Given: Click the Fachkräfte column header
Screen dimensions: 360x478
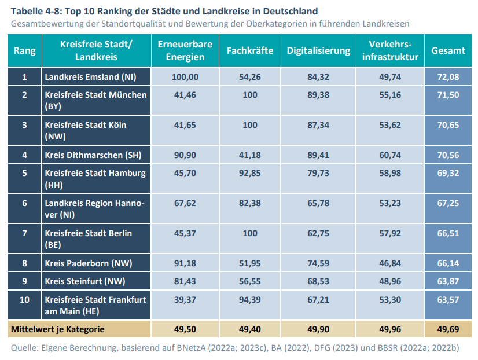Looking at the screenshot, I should (250, 50).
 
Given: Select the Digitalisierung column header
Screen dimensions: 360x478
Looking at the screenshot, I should (318, 50).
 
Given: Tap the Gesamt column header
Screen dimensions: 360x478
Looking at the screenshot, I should (448, 50).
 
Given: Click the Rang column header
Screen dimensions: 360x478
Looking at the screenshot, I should (24, 50).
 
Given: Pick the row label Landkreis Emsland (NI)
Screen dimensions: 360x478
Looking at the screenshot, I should (90, 77).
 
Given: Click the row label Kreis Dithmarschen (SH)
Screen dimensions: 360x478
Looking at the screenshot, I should (93, 155).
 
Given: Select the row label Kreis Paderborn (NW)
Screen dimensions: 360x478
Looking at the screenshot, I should (89, 263).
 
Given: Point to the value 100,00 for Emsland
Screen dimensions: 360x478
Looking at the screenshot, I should (185, 77).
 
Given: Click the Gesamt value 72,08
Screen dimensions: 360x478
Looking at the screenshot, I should (448, 77).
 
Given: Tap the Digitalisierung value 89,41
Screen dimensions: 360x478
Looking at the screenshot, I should (318, 155).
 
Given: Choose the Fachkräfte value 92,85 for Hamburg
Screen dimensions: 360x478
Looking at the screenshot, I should (250, 173).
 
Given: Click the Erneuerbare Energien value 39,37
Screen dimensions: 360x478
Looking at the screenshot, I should (185, 299).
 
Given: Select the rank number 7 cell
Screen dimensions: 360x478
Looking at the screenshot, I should (24, 233).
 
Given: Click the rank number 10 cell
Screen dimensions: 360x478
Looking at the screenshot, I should (24, 299).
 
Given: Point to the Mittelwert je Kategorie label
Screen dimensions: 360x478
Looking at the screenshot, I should (57, 329).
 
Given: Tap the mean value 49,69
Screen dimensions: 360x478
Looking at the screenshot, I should (448, 329).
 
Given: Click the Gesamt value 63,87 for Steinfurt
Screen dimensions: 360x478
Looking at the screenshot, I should (448, 281).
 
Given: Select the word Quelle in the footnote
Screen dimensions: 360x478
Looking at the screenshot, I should (25, 348).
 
